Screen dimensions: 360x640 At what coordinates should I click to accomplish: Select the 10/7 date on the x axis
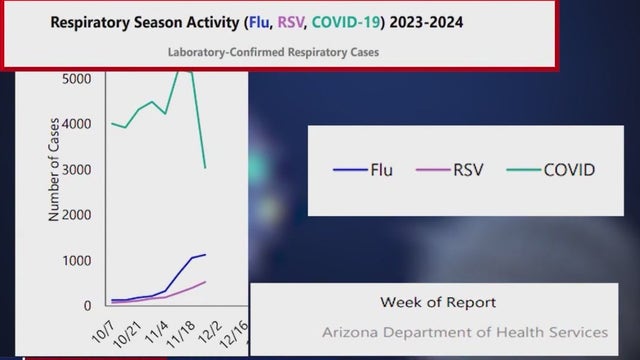coord(102,325)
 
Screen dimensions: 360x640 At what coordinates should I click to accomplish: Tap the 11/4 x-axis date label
coord(156,325)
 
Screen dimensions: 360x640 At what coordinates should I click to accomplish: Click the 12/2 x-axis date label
coord(208,325)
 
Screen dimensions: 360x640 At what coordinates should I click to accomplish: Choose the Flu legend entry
coord(364,169)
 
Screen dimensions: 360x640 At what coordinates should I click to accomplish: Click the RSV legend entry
coord(450,169)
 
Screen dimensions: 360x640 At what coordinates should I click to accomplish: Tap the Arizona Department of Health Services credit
coord(465,332)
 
